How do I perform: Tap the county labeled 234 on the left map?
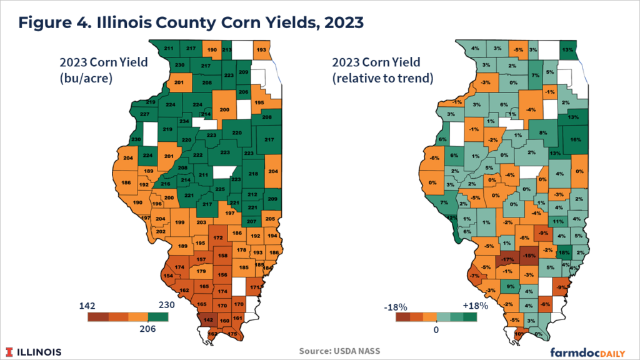(184, 121)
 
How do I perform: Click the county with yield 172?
(218, 237)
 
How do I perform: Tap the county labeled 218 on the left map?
(253, 173)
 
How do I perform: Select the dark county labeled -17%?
(507, 259)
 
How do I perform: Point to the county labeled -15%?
(529, 256)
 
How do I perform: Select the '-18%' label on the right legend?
(396, 307)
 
